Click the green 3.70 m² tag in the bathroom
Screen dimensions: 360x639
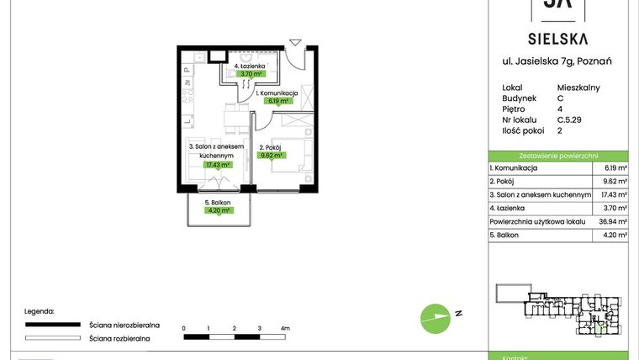click(x=251, y=73)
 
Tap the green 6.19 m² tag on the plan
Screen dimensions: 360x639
click(x=277, y=101)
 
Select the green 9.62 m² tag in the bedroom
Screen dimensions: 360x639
click(x=272, y=155)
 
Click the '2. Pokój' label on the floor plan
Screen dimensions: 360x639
click(x=272, y=146)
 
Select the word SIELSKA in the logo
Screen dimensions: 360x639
click(x=557, y=39)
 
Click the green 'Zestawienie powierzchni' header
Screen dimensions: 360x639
click(x=557, y=156)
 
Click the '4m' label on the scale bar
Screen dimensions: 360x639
click(x=285, y=327)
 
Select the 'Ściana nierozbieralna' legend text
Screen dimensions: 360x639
click(x=120, y=324)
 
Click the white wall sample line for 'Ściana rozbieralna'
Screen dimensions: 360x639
click(x=55, y=338)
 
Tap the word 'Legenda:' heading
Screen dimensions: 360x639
click(x=40, y=310)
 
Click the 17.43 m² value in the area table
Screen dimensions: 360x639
click(x=612, y=194)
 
